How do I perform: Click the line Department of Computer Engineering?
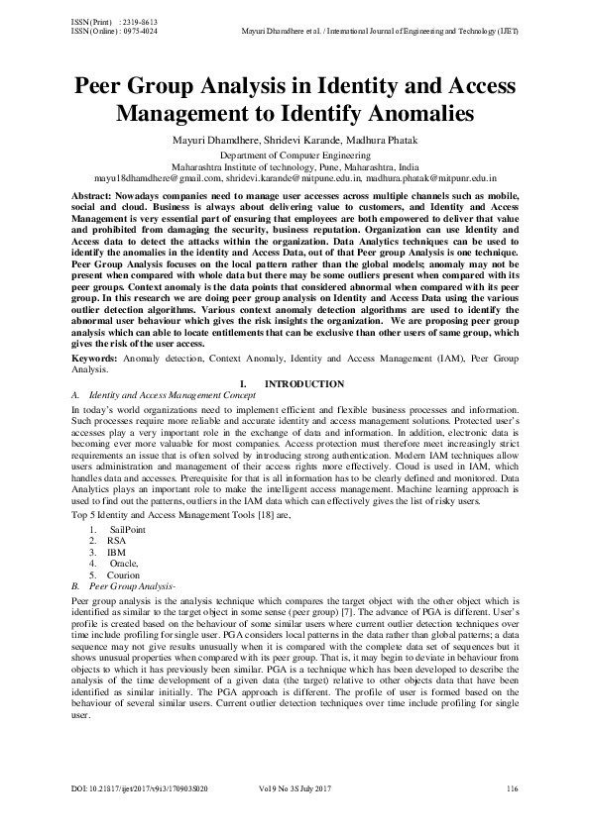click(295, 156)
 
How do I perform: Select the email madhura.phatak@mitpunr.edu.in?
click(430, 177)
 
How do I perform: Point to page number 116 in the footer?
click(512, 788)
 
